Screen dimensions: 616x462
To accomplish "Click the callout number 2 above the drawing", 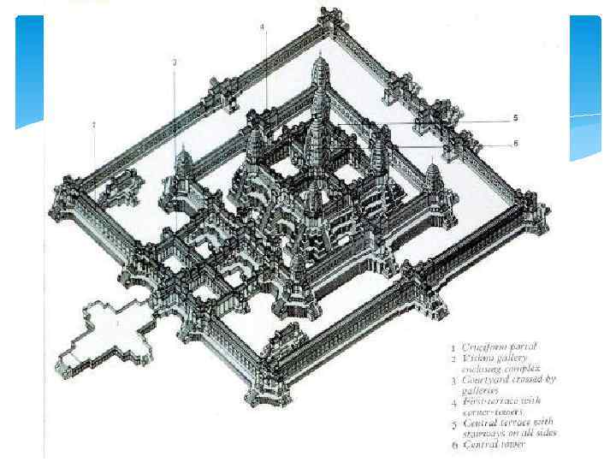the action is click(x=94, y=125).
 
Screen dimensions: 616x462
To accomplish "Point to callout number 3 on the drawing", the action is click(x=175, y=62).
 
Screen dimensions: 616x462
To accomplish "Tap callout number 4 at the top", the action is click(x=263, y=27).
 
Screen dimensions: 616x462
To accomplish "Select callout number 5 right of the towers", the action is click(x=514, y=117).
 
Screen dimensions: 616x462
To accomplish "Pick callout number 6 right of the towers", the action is click(x=515, y=144).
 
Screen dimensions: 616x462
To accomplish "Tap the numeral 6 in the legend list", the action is click(x=454, y=444).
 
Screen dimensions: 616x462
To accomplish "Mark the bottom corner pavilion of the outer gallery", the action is click(x=261, y=395).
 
